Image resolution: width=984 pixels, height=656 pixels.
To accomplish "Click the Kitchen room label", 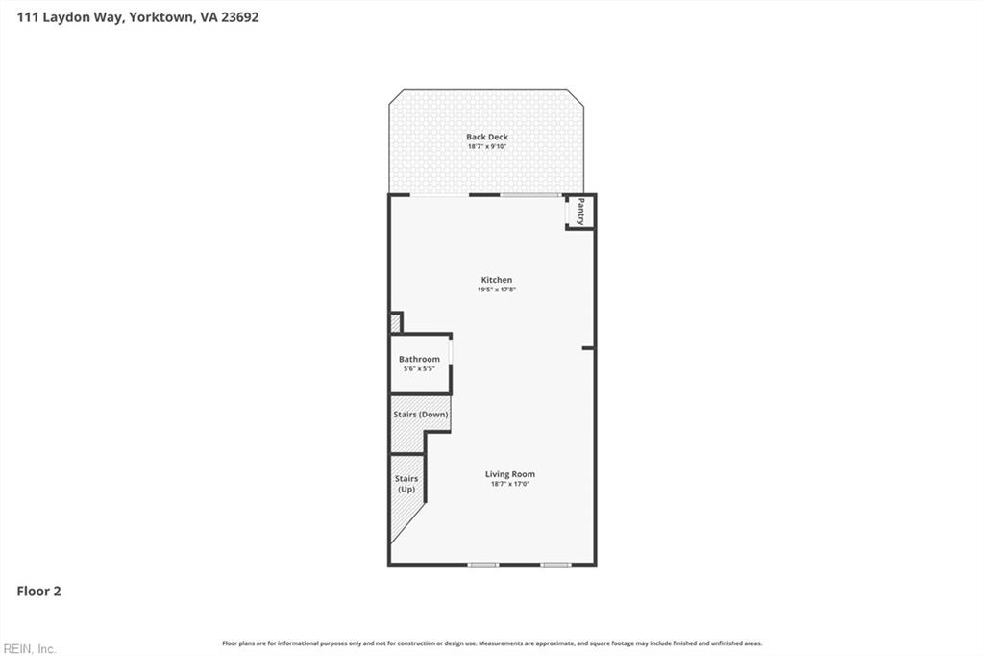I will click(x=497, y=280).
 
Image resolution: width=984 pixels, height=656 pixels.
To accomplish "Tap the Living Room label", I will click(x=509, y=474).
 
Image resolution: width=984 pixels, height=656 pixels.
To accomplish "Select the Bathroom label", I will click(x=419, y=359).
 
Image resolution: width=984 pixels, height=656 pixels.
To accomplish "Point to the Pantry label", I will click(x=580, y=212).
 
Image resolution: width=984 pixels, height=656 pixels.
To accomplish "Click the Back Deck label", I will click(x=487, y=137).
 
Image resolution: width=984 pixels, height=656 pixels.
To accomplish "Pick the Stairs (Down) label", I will click(x=420, y=414).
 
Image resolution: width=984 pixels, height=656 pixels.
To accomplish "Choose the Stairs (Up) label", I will click(x=406, y=484).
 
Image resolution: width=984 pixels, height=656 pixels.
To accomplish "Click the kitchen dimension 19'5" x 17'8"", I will click(x=497, y=290).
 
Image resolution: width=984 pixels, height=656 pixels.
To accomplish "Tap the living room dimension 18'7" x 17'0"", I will click(x=509, y=484).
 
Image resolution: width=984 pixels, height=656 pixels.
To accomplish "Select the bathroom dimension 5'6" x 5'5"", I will click(x=419, y=368).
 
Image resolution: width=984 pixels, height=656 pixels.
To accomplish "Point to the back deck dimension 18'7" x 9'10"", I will click(x=487, y=146).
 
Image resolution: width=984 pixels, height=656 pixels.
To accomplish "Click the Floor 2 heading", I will click(x=38, y=592).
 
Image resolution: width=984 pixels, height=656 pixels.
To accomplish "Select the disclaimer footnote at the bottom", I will click(x=492, y=643).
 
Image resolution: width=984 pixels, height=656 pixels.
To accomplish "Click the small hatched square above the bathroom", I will click(x=395, y=322).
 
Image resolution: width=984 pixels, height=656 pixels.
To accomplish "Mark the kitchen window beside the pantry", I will click(x=530, y=195).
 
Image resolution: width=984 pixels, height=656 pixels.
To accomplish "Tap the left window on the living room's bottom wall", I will click(x=482, y=565).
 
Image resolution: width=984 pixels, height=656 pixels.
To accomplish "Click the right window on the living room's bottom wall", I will click(x=555, y=565).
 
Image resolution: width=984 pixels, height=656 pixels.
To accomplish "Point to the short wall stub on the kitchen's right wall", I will click(x=588, y=347).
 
